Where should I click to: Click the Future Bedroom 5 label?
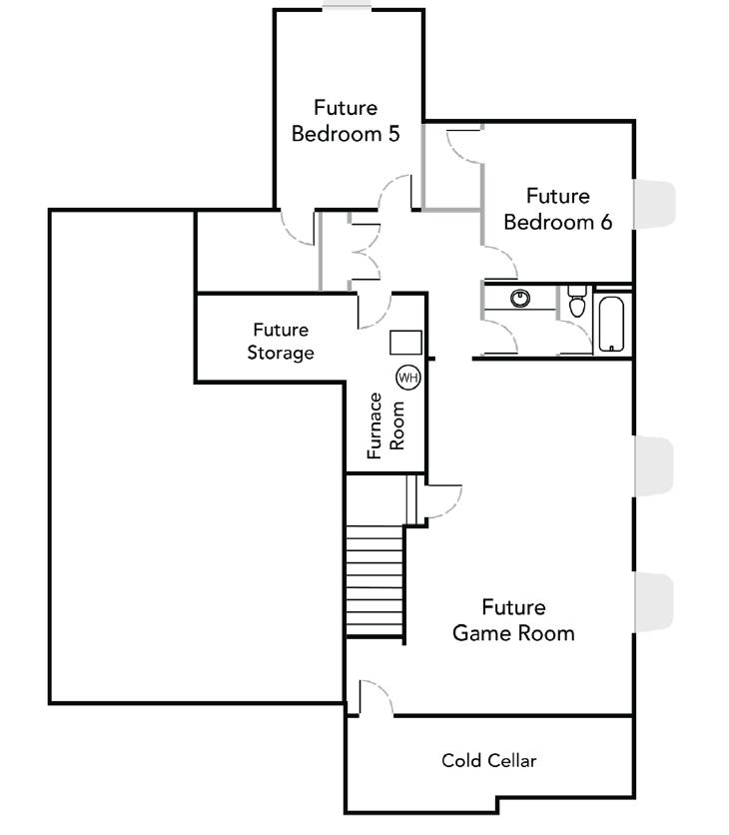346,120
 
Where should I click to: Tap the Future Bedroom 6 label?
557,209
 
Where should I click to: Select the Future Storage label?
281,341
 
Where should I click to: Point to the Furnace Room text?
385,425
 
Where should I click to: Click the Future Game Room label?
513,620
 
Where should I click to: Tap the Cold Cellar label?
488,761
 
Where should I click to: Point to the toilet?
576,301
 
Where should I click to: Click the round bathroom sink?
519,298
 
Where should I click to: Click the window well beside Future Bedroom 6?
655,203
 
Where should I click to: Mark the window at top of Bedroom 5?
347,8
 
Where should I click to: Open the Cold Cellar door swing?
373,696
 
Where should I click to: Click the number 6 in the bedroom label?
605,222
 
